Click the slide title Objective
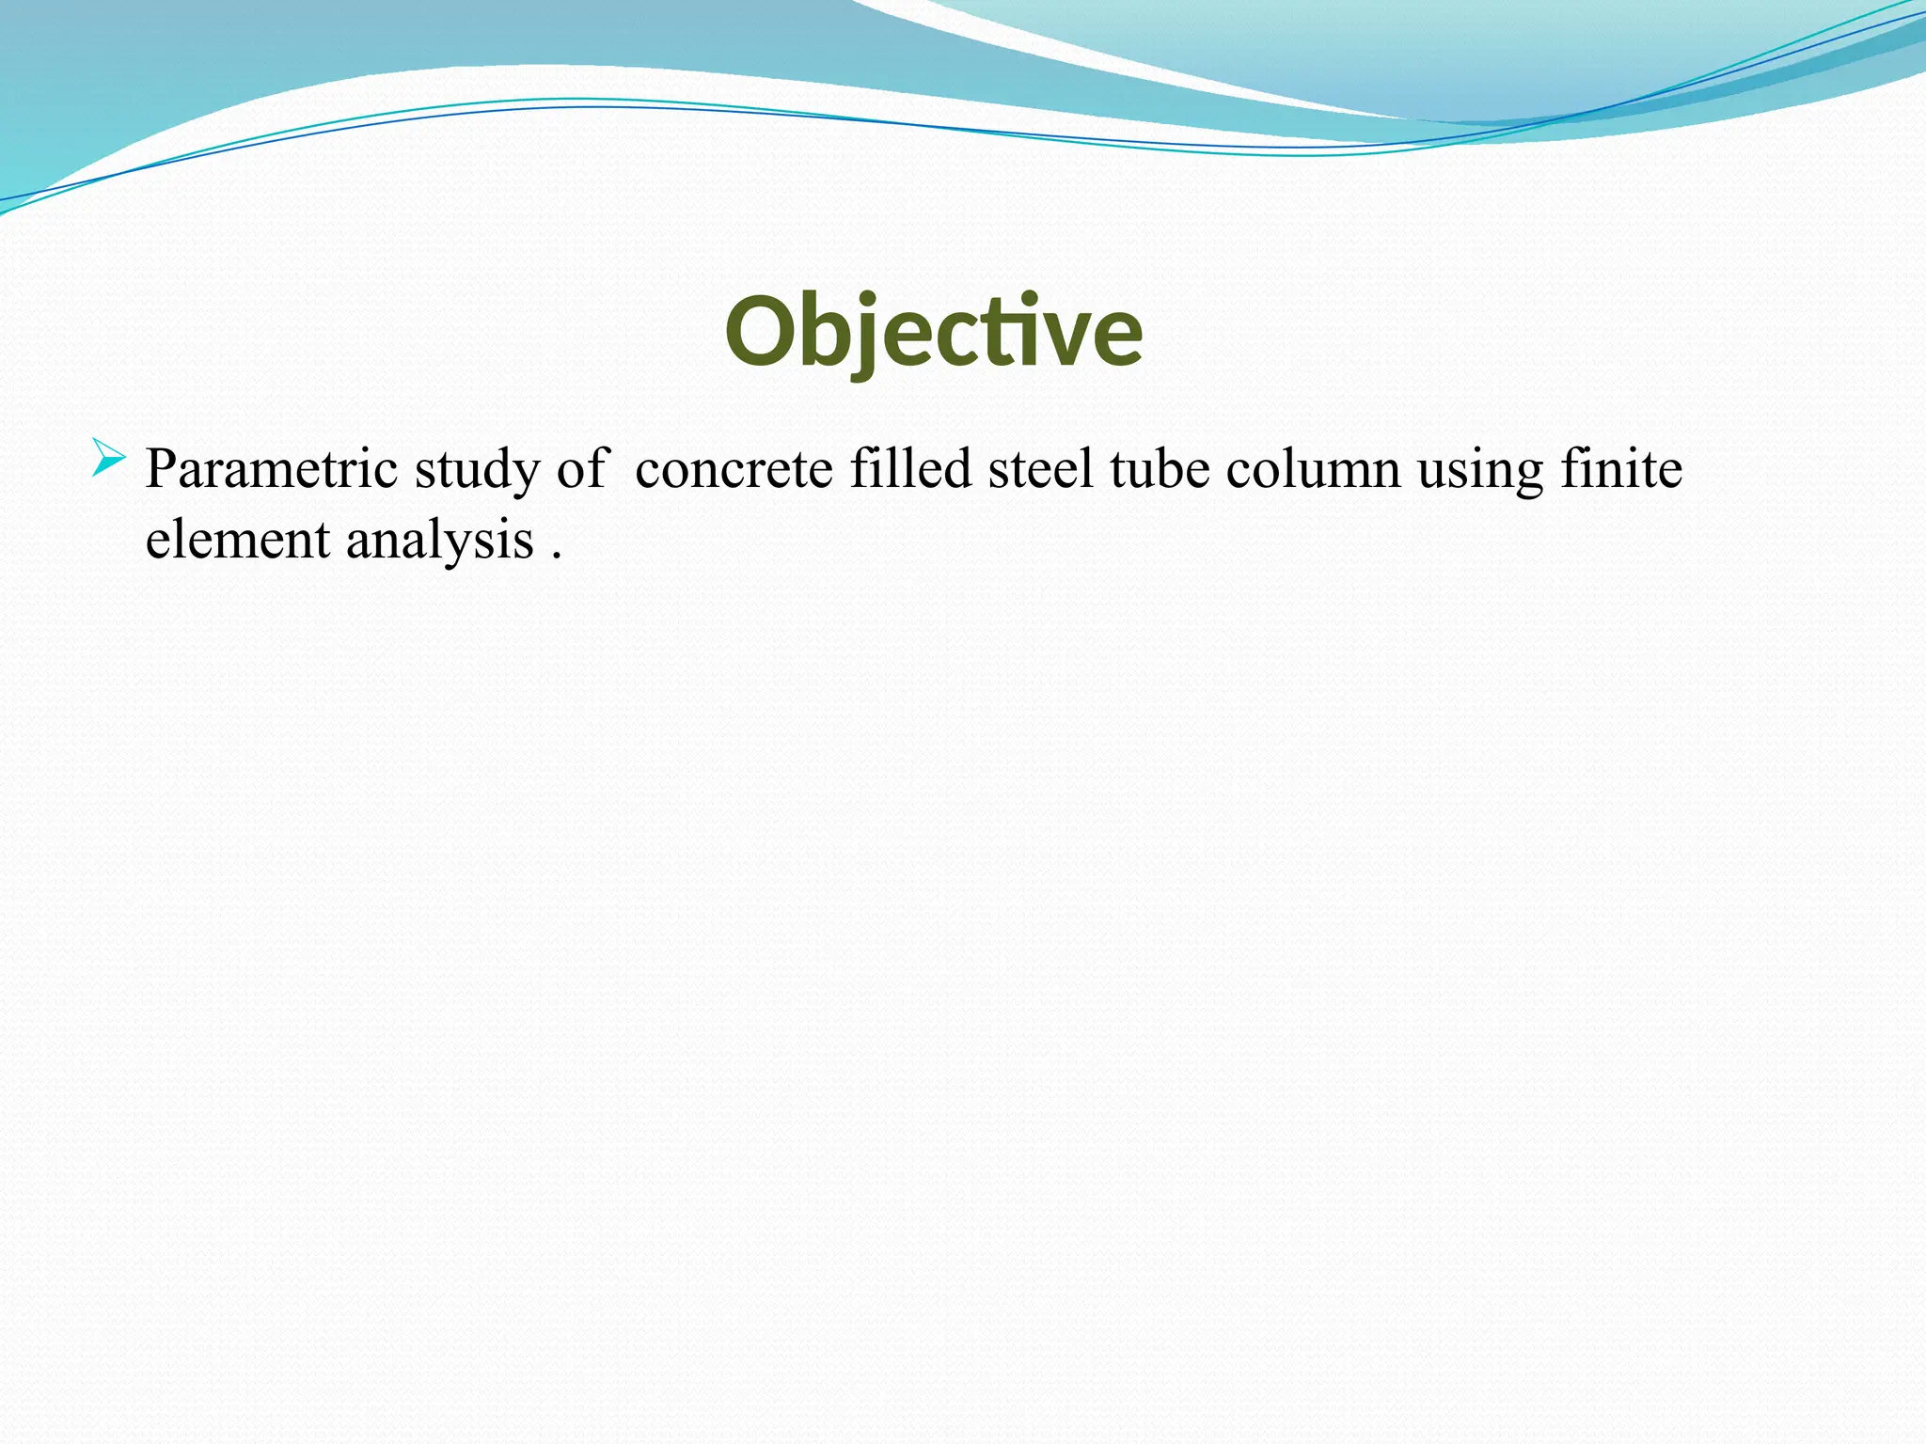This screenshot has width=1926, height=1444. pos(933,332)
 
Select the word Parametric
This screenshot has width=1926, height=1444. pos(271,468)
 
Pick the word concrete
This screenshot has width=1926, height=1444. pos(734,468)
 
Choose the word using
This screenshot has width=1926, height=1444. pos(1480,470)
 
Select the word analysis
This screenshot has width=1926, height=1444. pos(439,541)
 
